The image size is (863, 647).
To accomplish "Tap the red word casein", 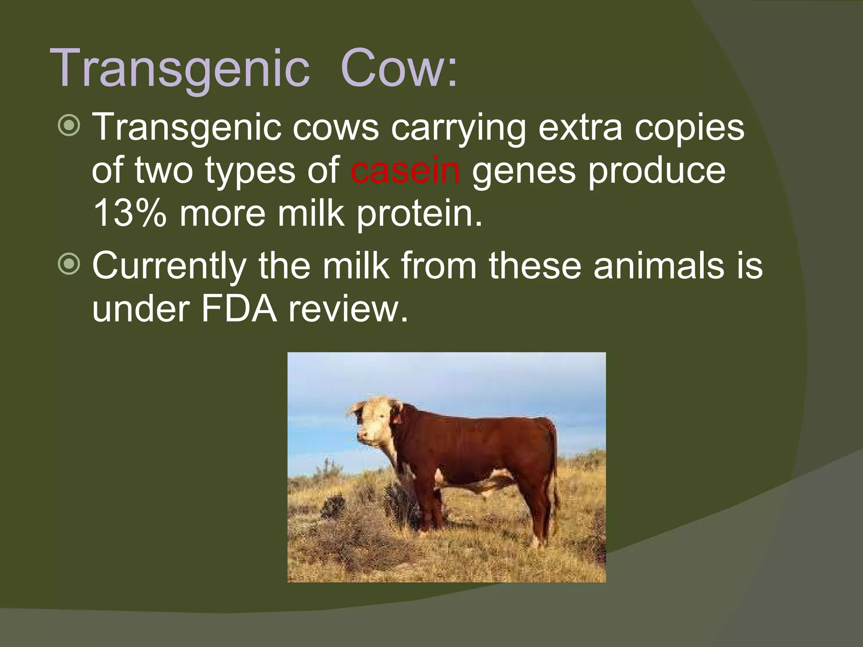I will tap(405, 170).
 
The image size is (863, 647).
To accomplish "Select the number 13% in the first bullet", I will tap(129, 214).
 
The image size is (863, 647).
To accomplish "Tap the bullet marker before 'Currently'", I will tap(68, 265).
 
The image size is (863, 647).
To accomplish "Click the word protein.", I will tap(419, 214).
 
